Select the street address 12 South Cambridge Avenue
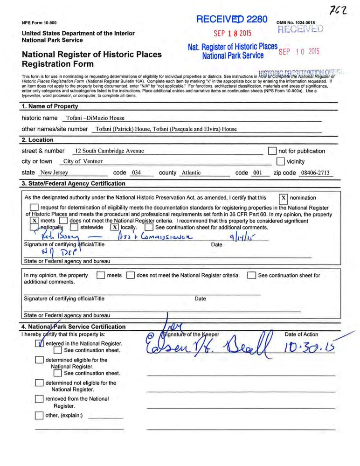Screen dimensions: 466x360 [x=109, y=151]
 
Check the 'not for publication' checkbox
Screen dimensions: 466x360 [x=273, y=151]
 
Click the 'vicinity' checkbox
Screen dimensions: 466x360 [x=280, y=161]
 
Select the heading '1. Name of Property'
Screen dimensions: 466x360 [x=51, y=107]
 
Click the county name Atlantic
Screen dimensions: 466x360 [x=191, y=173]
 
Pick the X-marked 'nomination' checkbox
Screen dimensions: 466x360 [x=283, y=198]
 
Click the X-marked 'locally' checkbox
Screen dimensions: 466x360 [x=114, y=227]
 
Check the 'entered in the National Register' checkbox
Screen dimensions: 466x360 [x=39, y=344]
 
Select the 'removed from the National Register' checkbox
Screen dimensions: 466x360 [x=39, y=399]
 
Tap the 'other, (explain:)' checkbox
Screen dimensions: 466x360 [x=39, y=416]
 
